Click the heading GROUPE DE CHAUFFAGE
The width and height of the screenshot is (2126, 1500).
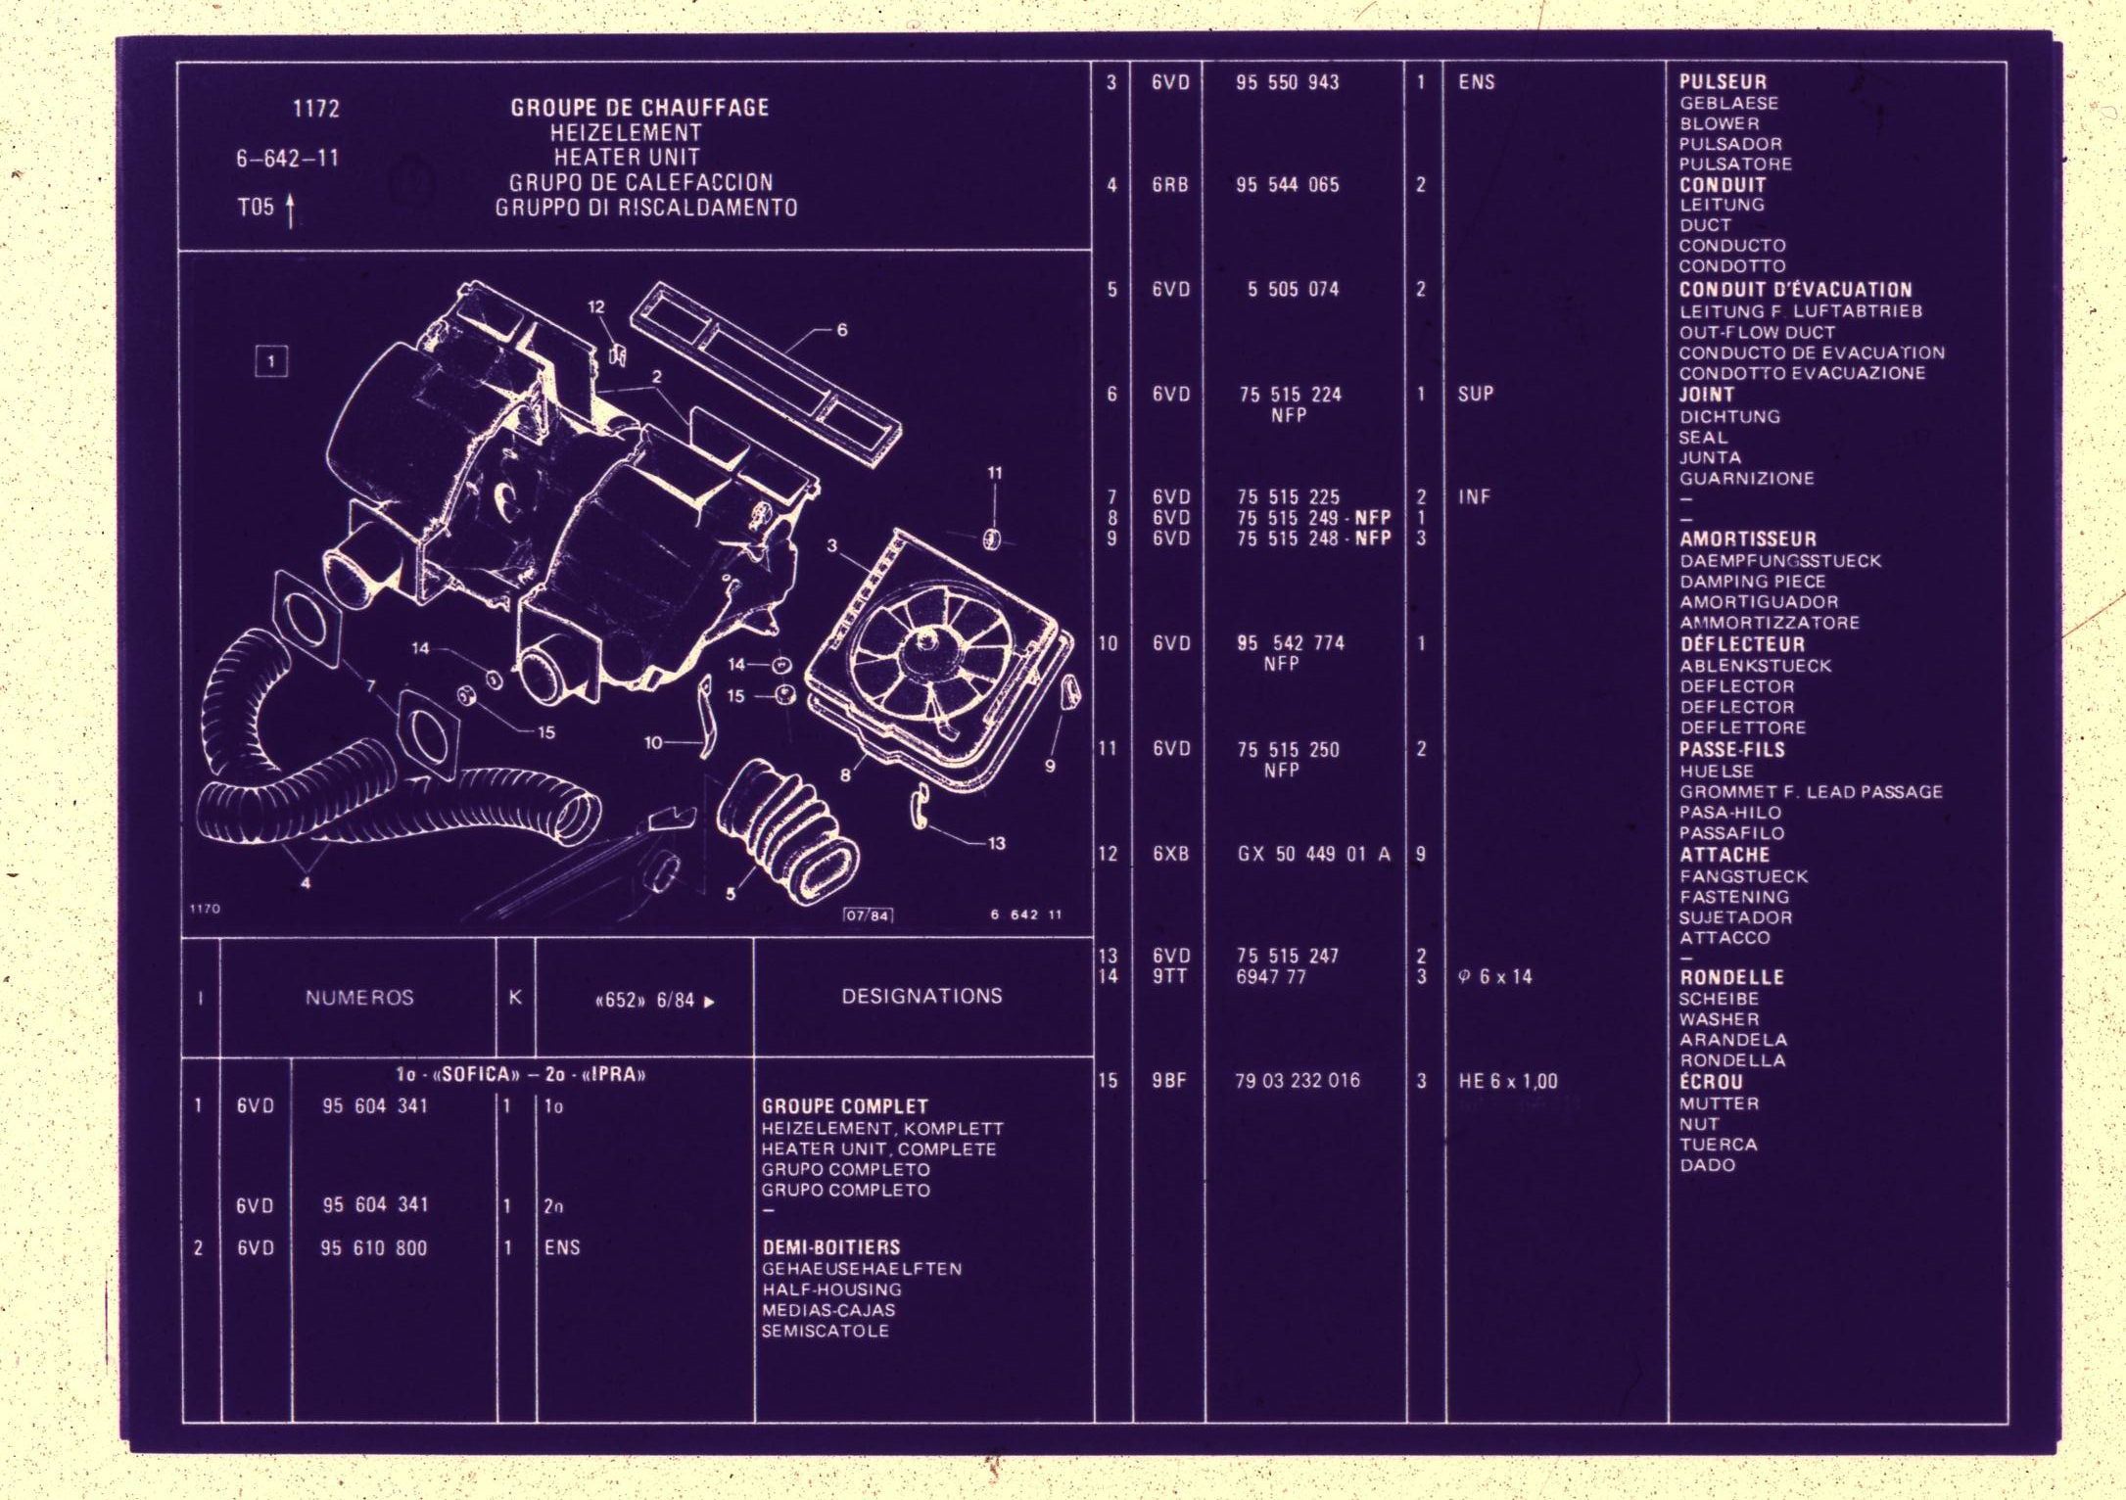coord(639,108)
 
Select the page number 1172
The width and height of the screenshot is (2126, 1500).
coord(316,109)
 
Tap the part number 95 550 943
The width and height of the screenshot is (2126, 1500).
coord(1287,82)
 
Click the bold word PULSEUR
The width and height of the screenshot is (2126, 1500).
coord(1723,82)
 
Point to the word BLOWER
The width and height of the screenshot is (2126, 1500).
coord(1720,124)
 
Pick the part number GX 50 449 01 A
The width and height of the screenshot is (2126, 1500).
coord(1313,854)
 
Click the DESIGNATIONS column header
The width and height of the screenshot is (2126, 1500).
coord(921,996)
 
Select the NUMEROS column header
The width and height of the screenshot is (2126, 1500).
coord(359,998)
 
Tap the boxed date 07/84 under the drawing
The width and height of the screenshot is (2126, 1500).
coord(868,915)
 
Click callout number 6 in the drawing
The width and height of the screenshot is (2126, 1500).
coord(841,330)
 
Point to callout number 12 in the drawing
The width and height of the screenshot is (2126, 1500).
coord(596,306)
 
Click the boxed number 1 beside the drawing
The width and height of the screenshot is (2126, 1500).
coord(271,361)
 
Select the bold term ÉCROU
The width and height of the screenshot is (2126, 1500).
coord(1711,1082)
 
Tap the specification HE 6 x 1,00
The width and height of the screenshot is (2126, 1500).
coord(1508,1081)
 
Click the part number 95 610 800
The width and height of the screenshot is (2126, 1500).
coord(374,1248)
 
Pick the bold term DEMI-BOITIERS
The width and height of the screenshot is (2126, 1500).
coord(830,1247)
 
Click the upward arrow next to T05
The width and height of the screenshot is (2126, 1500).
coord(290,211)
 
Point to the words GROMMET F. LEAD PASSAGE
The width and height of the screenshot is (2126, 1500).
coord(1811,792)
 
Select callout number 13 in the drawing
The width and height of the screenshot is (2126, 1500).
coord(996,843)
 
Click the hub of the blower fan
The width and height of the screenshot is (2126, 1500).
coord(923,646)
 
